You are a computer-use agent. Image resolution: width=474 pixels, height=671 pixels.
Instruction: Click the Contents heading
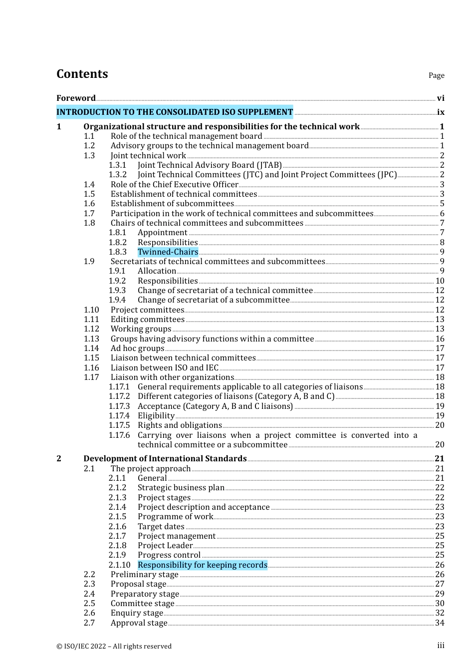(x=82, y=74)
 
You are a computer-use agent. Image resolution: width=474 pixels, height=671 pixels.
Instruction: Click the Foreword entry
(x=76, y=98)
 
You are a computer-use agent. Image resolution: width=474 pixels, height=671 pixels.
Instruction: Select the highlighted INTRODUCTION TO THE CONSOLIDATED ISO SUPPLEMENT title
(x=175, y=112)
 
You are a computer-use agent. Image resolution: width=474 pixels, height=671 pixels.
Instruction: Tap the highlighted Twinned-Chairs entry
(x=168, y=252)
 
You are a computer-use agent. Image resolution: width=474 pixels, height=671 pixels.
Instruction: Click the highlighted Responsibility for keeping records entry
(x=202, y=565)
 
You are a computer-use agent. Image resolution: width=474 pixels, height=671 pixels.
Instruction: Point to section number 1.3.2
(x=118, y=175)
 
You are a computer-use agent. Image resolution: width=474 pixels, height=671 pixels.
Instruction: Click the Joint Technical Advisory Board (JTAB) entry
(x=210, y=165)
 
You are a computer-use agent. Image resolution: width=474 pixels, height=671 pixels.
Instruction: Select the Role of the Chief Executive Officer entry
(x=174, y=185)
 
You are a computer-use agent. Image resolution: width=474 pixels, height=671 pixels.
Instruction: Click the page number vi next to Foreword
(x=441, y=98)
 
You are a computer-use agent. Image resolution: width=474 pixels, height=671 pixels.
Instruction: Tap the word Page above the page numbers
(x=436, y=75)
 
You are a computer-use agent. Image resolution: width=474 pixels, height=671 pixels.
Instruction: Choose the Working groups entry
(x=141, y=329)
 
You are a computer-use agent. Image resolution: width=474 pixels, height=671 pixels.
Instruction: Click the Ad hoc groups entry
(x=137, y=348)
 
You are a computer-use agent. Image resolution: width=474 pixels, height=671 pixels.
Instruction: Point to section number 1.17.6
(x=119, y=435)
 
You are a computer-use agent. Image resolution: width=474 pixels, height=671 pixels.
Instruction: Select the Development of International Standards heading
(x=165, y=459)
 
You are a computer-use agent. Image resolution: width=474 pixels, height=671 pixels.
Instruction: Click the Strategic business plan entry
(x=181, y=488)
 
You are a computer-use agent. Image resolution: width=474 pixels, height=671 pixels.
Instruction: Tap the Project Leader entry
(x=165, y=546)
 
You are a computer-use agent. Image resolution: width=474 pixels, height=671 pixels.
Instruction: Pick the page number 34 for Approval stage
(x=440, y=623)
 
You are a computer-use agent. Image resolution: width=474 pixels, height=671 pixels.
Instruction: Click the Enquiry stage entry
(x=137, y=613)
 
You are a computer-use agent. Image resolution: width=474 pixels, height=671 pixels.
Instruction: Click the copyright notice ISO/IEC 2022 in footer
(x=114, y=646)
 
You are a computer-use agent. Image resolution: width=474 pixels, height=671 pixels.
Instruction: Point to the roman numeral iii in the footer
(x=441, y=646)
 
